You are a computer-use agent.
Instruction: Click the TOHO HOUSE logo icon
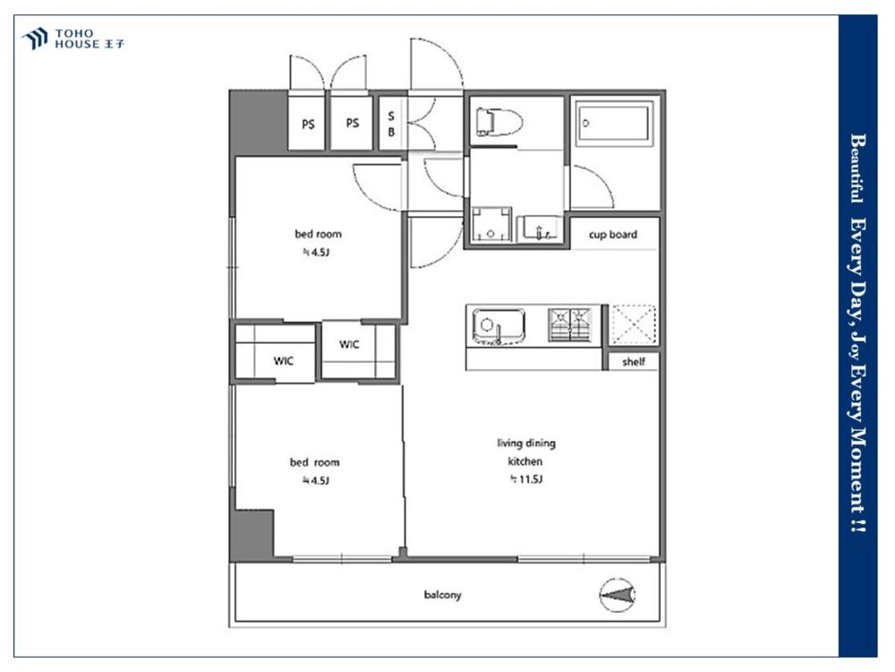[35, 39]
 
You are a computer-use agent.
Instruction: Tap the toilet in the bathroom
[499, 122]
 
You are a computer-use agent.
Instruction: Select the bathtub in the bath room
[614, 124]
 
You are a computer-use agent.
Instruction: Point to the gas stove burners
[569, 324]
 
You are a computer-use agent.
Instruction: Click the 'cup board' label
[613, 234]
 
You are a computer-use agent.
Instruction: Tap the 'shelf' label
[634, 362]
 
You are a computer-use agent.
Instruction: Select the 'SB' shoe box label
[391, 124]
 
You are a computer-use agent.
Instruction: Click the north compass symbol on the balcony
[618, 595]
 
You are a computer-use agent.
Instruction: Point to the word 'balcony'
[442, 595]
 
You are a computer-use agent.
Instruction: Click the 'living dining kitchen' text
[525, 452]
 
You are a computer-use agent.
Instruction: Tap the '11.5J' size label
[525, 479]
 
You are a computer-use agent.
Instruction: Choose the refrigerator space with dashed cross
[633, 324]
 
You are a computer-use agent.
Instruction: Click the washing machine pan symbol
[491, 225]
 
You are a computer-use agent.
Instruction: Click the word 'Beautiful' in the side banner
[857, 168]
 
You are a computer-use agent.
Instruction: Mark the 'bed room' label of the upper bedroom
[318, 234]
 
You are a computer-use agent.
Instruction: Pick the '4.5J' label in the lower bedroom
[316, 480]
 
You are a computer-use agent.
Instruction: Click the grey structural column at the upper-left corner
[258, 122]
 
